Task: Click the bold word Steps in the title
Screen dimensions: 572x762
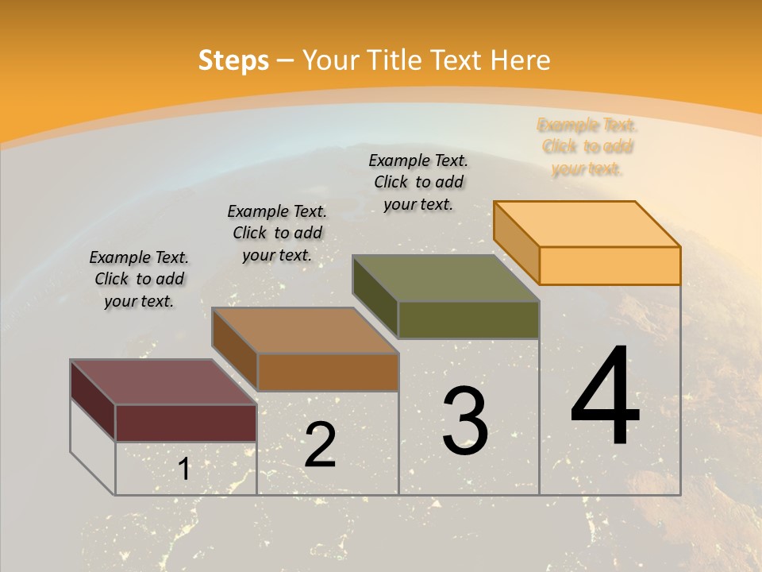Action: tap(233, 60)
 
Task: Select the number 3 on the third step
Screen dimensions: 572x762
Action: tap(464, 421)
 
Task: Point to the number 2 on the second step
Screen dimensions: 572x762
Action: tap(320, 445)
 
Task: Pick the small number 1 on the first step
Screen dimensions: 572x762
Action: tap(184, 470)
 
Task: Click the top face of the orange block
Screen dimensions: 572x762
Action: tap(587, 224)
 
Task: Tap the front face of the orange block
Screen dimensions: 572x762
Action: tap(610, 265)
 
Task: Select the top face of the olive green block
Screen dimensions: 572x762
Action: tap(445, 278)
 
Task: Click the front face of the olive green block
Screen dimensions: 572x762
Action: tap(468, 319)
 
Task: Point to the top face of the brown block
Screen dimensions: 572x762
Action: tap(305, 330)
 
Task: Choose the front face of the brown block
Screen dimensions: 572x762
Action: tap(328, 372)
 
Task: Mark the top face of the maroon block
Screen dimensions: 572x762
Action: tap(164, 382)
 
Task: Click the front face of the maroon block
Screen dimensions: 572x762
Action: tap(186, 423)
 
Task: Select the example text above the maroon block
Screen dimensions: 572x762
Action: tap(139, 279)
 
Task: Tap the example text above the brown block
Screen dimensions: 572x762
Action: tap(277, 233)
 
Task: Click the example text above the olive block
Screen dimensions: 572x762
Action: tap(418, 182)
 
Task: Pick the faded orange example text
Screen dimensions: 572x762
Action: tap(587, 146)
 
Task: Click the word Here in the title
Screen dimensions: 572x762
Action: tap(521, 60)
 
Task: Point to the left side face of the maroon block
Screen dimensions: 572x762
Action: tap(93, 399)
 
